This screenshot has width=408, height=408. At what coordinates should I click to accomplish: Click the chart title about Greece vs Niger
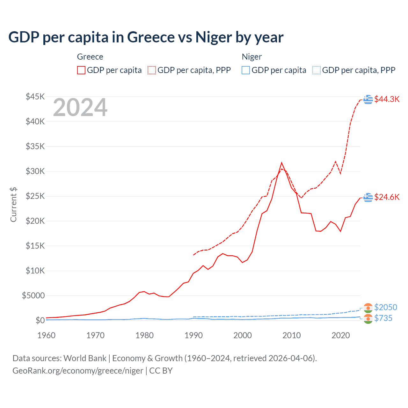point(146,37)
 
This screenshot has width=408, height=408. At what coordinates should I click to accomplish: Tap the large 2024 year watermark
point(80,108)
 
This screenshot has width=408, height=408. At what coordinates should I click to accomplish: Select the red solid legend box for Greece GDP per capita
point(81,70)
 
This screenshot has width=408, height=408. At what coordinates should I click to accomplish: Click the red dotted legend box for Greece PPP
point(152,70)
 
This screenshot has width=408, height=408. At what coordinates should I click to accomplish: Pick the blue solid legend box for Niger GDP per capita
point(246,70)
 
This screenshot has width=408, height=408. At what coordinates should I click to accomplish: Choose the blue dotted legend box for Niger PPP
point(317,70)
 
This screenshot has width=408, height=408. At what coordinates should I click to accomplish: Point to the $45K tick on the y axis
point(35,97)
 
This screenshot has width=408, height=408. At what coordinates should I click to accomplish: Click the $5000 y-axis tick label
point(33,295)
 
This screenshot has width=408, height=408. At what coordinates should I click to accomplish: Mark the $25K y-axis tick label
point(35,196)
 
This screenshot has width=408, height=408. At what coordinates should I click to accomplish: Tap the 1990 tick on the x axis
point(193,335)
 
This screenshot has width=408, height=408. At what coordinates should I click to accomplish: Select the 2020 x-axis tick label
point(341,335)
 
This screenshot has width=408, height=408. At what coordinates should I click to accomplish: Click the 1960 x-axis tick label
point(46,335)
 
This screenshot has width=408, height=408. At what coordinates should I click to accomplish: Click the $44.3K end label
point(387,99)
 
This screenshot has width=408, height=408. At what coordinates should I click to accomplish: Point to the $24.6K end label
point(387,197)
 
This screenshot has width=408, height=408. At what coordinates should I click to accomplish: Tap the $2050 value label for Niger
point(386,307)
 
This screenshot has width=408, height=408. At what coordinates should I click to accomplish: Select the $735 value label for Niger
point(383,318)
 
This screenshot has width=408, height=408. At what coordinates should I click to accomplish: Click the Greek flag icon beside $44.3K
point(368,99)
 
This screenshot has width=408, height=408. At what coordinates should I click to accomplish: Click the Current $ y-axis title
point(13,205)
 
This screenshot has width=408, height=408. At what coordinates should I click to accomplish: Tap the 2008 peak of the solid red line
point(281,163)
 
